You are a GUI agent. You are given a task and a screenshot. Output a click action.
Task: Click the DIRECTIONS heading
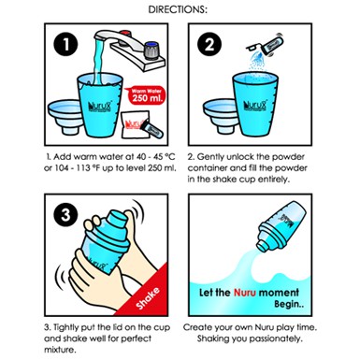(x=178, y=9)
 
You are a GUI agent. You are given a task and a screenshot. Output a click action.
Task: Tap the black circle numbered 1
(x=65, y=44)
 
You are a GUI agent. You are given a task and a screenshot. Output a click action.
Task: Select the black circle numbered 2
(x=209, y=44)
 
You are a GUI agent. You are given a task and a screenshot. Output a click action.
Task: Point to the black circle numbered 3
(x=65, y=214)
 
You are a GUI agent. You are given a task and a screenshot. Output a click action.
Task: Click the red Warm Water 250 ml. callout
(x=146, y=95)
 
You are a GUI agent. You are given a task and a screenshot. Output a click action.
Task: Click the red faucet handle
(x=125, y=34)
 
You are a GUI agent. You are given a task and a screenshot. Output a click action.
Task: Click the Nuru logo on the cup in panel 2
(x=254, y=107)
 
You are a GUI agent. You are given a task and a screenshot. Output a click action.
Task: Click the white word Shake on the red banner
(x=148, y=298)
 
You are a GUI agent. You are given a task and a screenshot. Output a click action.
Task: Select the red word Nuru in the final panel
(x=245, y=293)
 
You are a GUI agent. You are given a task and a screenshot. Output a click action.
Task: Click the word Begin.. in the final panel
(x=289, y=304)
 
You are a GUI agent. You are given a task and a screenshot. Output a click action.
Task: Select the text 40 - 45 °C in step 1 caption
(x=151, y=156)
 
